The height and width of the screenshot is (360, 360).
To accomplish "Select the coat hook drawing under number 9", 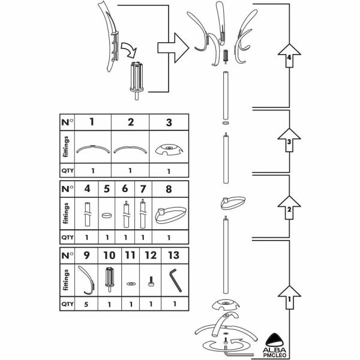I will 87,280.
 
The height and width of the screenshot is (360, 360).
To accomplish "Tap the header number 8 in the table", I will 168,189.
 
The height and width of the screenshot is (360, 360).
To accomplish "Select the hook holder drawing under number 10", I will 109,279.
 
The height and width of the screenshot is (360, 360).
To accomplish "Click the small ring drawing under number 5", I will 107,213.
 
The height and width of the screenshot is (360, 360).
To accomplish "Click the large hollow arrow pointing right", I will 171,46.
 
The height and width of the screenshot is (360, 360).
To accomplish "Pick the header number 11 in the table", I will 130,255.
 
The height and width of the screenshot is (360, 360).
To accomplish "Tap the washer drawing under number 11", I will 130,281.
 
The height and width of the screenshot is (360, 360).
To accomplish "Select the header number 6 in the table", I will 125,189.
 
